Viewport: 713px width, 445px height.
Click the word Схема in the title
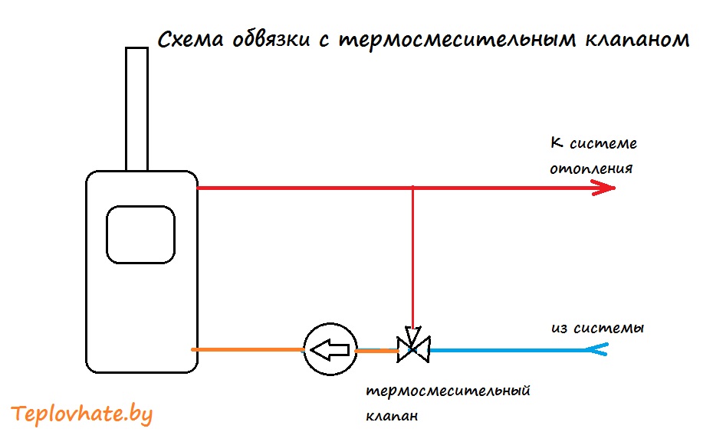[x=191, y=40]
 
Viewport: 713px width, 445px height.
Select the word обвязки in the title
[x=271, y=40]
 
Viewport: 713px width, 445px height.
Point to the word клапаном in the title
[x=638, y=41]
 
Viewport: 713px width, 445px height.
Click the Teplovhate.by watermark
[x=81, y=414]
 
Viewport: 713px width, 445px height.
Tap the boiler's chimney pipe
[x=137, y=109]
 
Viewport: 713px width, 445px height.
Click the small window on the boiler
[x=140, y=235]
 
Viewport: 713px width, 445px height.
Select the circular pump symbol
[x=330, y=349]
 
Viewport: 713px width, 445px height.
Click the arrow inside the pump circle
[x=330, y=349]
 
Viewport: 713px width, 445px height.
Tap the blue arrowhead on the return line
[x=596, y=349]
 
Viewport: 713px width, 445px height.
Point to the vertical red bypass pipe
[x=412, y=257]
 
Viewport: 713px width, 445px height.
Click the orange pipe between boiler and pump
[x=248, y=349]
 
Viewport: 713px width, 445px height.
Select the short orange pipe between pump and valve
[x=376, y=351]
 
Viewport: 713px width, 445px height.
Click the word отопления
[x=591, y=169]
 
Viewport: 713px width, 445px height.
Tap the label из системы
[x=597, y=328]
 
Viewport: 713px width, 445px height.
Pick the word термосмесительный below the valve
[x=448, y=391]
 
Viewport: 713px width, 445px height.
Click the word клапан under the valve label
[x=392, y=415]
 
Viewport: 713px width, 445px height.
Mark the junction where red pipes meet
[x=412, y=188]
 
